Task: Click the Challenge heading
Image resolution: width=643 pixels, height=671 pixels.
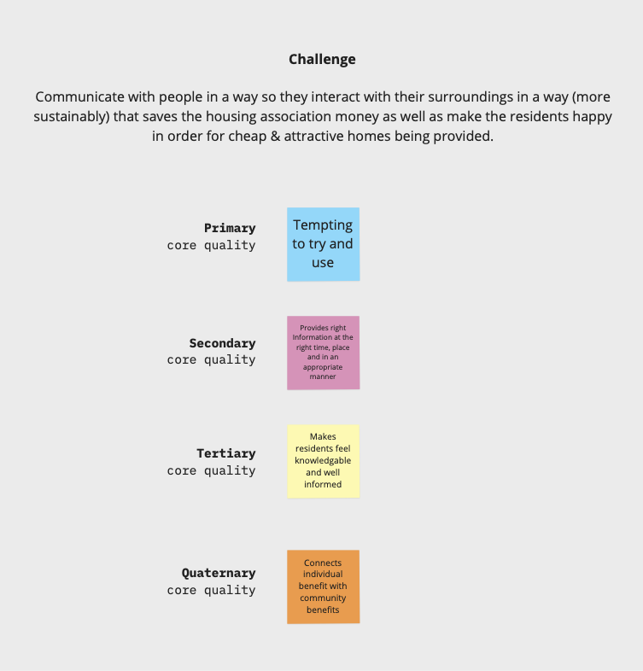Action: pos(322,60)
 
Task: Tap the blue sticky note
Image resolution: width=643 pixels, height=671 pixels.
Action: pos(324,244)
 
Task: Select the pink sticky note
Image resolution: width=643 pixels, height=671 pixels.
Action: pos(324,353)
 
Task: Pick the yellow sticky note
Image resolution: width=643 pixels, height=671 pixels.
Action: pos(324,461)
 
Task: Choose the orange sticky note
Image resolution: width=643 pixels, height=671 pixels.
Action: pos(324,586)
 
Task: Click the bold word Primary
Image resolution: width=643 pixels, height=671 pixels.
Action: pos(230,229)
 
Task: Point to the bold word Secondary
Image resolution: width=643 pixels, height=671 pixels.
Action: pos(223,343)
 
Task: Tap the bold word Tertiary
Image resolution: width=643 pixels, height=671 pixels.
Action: pos(226,453)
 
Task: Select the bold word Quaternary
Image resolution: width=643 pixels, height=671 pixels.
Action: pos(219,573)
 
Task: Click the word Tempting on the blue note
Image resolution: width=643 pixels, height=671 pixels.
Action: pos(323,225)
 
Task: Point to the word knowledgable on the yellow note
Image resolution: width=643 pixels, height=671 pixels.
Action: pos(323,461)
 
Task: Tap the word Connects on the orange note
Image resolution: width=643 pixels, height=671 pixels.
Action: pos(323,563)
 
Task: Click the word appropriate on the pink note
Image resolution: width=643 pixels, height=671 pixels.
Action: pos(323,367)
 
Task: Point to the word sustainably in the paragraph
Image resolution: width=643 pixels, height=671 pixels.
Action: pos(72,117)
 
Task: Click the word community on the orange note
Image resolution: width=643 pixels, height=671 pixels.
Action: pos(323,598)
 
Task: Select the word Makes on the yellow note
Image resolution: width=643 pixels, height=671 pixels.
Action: pos(323,437)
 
